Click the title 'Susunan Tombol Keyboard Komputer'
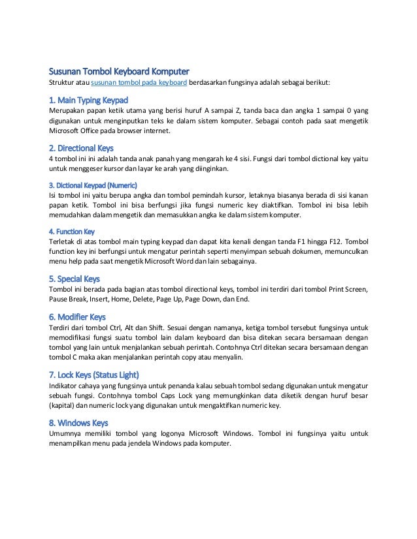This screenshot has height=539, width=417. click(120, 70)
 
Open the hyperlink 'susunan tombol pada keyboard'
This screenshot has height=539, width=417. click(140, 83)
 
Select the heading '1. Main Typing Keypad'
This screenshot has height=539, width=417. click(88, 100)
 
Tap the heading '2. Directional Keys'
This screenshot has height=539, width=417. click(82, 147)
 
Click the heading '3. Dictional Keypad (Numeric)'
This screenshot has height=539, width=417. click(93, 184)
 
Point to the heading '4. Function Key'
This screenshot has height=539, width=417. click(72, 231)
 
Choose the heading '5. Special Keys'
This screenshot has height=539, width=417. click(75, 279)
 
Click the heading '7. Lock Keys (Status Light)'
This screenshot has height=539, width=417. click(94, 375)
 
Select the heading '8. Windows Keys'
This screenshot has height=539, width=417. click(78, 422)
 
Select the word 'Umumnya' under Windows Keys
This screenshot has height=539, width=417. click(67, 433)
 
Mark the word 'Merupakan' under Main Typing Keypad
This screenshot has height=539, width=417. click(69, 111)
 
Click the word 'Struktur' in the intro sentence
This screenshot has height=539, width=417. click(63, 83)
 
